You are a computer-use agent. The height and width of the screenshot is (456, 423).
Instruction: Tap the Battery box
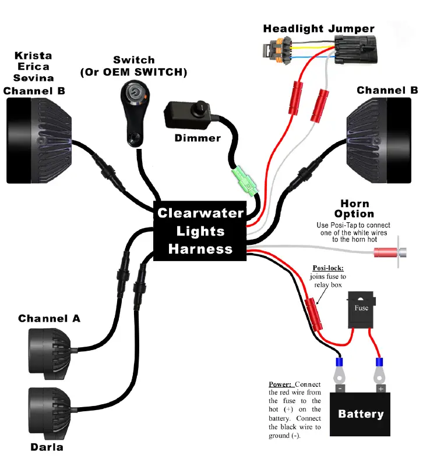361,414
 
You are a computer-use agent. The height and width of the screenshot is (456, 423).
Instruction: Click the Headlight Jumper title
319,28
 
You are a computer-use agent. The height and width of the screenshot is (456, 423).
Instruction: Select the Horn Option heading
355,209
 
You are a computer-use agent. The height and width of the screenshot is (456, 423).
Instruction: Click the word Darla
47,447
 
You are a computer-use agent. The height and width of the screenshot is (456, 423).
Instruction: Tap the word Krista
33,55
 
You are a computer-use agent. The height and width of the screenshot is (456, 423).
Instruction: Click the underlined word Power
280,385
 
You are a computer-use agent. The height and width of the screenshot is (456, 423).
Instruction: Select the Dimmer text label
198,138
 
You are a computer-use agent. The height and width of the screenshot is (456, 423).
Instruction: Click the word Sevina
33,79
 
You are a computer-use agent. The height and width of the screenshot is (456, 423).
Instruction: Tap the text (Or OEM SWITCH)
134,72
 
